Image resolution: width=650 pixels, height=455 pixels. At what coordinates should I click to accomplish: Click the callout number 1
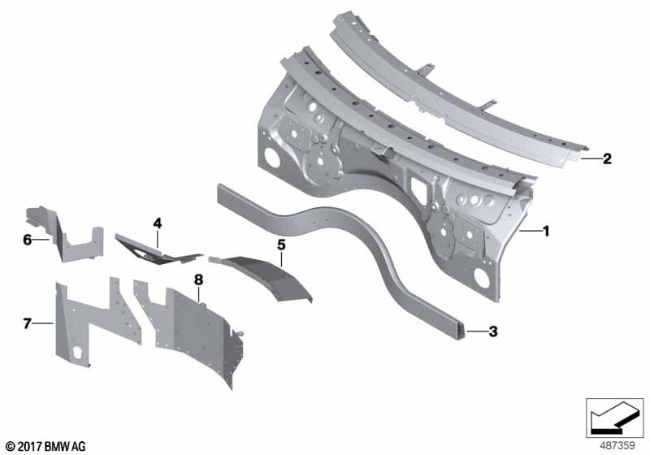(546, 231)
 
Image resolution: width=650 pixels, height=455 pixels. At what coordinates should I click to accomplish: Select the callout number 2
(607, 158)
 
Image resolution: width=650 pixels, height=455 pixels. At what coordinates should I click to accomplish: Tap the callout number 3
(493, 331)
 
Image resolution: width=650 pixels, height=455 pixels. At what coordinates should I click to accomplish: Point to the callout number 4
(157, 223)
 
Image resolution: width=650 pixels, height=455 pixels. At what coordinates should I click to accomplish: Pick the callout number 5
(281, 245)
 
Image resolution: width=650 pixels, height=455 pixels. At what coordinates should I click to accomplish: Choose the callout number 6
(28, 240)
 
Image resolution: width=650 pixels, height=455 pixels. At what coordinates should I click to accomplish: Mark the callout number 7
(28, 323)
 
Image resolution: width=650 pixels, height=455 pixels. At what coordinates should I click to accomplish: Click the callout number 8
(198, 280)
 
